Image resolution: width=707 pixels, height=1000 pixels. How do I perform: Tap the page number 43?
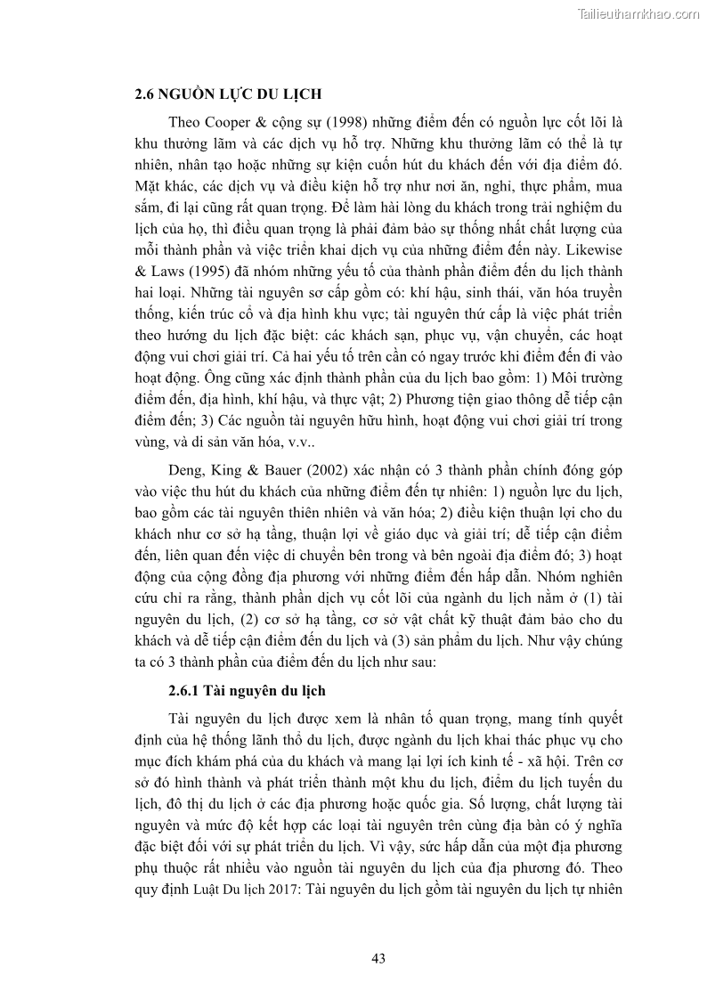pos(378,958)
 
